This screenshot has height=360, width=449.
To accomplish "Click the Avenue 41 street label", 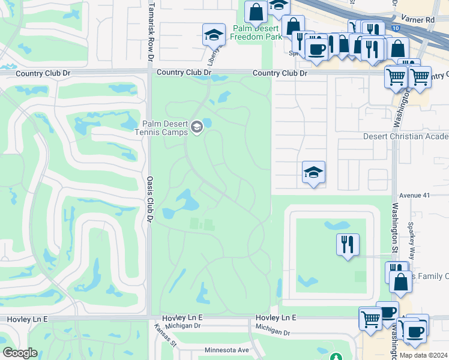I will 415,195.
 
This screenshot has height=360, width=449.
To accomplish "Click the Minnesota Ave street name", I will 226,350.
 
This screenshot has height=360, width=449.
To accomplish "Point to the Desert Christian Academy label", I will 406,136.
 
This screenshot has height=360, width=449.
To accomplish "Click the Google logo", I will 20,353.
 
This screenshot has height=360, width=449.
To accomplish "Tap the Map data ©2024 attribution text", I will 423,355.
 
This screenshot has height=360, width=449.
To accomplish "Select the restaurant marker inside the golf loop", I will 348,244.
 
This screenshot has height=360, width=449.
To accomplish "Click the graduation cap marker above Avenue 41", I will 313,172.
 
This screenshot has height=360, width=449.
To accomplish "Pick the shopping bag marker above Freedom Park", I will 256,12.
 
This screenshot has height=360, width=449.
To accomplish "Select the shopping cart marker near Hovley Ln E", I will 370,318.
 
